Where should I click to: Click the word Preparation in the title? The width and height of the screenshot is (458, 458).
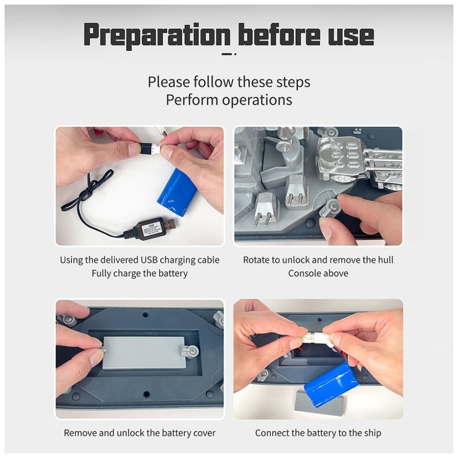[x=157, y=36]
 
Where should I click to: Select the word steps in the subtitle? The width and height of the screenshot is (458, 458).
[x=293, y=82]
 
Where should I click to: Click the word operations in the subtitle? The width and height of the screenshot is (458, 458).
[x=257, y=100]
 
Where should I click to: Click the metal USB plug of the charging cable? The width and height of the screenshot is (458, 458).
[x=169, y=224]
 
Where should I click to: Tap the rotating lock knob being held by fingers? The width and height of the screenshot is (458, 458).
[x=331, y=208]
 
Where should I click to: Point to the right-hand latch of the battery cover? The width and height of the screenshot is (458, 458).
[x=188, y=351]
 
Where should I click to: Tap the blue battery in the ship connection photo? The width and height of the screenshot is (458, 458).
[x=331, y=384]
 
